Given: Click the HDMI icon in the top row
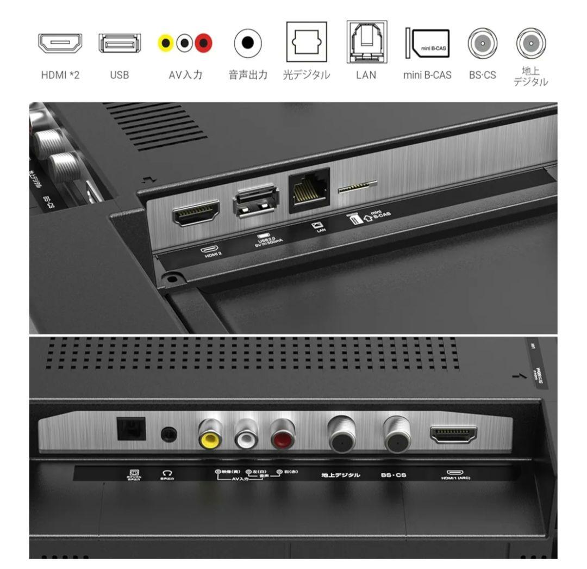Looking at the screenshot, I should tap(60, 43).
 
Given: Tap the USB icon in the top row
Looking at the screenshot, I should tap(119, 43).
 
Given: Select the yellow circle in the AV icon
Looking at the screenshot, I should tap(166, 43).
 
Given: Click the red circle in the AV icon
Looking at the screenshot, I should tap(204, 43).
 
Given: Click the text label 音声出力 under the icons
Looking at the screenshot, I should tap(248, 75).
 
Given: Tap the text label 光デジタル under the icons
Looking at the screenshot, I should tap(307, 75).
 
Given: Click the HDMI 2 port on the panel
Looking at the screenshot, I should tap(196, 213).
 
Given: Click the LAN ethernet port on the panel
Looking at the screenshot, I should tap(309, 187).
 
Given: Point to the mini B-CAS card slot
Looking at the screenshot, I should tap(357, 188).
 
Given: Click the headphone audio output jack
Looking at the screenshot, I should tap(169, 434).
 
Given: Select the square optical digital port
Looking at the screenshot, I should tap(131, 429).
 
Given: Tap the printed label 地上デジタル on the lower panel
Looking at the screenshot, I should tap(341, 475).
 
